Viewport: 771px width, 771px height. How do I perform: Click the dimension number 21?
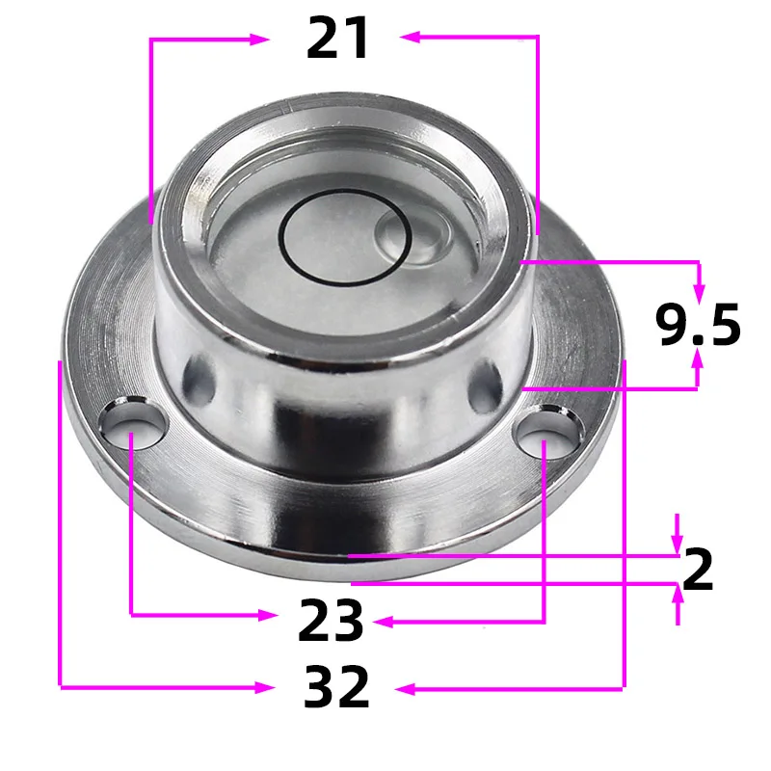coord(338,39)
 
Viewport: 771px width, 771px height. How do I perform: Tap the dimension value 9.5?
coord(699,325)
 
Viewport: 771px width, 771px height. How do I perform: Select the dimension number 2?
coord(698,571)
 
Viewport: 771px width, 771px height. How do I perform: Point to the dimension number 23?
coord(331,622)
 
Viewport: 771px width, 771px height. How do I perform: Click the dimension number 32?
coord(336,687)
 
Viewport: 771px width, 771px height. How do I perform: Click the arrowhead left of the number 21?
coord(260,39)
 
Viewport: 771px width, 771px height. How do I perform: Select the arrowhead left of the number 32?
coord(262,686)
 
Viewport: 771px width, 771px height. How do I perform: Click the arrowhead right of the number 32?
coord(405,688)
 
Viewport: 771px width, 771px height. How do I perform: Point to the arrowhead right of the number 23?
coord(382,622)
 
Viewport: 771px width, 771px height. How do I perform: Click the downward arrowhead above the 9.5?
coord(699,290)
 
